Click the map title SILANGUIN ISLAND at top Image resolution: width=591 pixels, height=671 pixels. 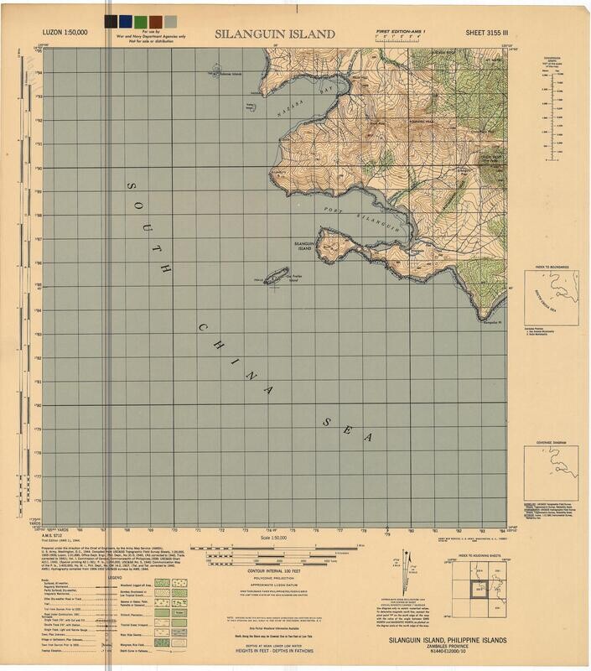click(x=274, y=34)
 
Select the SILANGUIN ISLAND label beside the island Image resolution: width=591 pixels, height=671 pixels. click(x=303, y=246)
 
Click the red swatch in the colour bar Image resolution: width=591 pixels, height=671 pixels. click(x=137, y=20)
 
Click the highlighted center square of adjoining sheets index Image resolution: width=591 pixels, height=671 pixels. click(x=481, y=590)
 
